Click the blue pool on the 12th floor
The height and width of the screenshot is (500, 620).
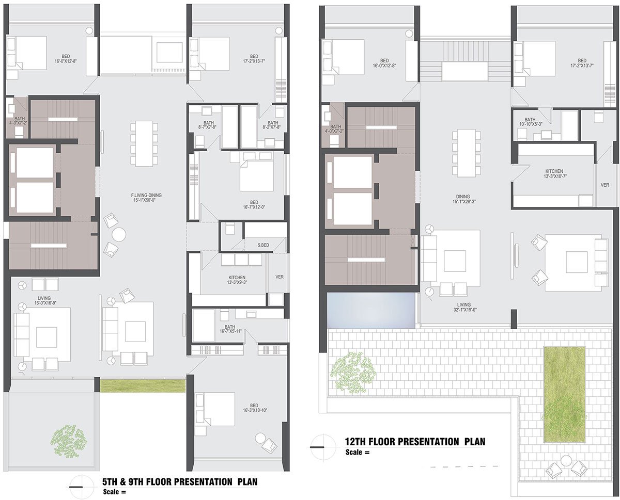371,311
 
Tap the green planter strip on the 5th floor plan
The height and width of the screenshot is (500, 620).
143,385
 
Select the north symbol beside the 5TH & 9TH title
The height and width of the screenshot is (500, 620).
77,483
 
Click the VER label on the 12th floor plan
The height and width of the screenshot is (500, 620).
605,185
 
